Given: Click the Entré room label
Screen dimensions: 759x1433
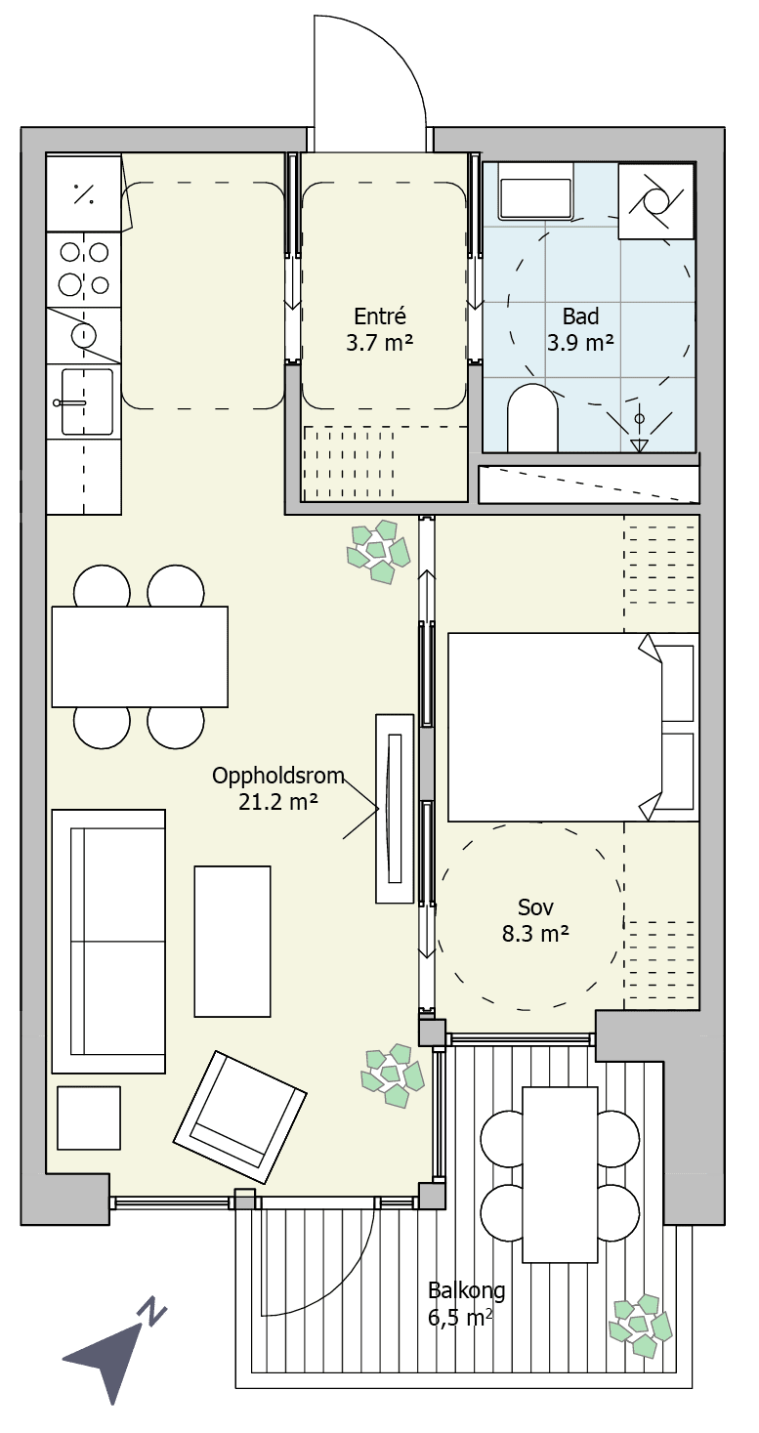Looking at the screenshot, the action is (x=379, y=329).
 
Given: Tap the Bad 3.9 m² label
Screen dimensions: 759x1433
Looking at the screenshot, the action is (x=580, y=329).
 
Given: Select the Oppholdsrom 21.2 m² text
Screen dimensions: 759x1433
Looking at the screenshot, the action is (x=277, y=788).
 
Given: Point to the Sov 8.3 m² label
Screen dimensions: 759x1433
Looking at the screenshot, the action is (x=535, y=920).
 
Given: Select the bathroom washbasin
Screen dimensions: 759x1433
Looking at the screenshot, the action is (x=535, y=191).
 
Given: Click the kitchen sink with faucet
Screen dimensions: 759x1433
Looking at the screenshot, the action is (x=84, y=401).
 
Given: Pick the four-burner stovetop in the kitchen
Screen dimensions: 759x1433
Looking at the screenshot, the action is (x=84, y=269).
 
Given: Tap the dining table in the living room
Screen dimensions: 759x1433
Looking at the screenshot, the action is (x=140, y=656).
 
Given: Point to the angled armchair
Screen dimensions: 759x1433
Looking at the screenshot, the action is (x=239, y=1117).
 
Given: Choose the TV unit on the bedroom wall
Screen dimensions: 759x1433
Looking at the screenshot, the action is (x=395, y=809).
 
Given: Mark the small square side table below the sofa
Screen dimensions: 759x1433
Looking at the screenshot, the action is (x=88, y=1117).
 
